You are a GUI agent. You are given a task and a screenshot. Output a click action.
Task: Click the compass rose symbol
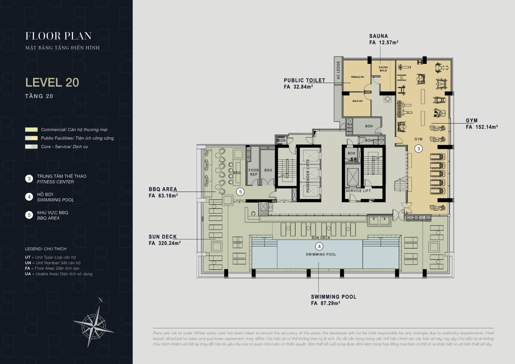[x=94, y=327]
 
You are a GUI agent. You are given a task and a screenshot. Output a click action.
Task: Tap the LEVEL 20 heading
[x=52, y=82]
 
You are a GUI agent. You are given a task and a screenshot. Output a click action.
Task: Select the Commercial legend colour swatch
[x=31, y=130]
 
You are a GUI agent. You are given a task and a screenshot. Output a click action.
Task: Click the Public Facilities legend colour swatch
[x=31, y=138]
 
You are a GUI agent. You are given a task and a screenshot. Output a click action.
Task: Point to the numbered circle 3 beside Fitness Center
[x=29, y=179]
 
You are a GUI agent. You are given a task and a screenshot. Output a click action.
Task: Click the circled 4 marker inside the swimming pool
[x=319, y=246]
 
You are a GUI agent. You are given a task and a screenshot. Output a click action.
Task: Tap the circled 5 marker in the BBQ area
[x=240, y=192]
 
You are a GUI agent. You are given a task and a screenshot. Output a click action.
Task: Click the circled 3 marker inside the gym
[x=418, y=149]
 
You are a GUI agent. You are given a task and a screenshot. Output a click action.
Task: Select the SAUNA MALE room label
[x=383, y=69]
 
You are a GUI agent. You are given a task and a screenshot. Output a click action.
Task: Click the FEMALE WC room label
[x=357, y=77]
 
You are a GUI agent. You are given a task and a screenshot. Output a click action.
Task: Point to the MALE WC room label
[x=357, y=101]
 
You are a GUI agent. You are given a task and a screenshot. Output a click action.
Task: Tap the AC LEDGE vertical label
[x=338, y=70]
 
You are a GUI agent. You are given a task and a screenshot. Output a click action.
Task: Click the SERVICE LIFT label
[x=358, y=191]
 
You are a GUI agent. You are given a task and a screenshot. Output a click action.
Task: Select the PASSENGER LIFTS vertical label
[x=308, y=176]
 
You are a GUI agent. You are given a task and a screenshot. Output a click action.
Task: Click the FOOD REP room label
[x=253, y=172]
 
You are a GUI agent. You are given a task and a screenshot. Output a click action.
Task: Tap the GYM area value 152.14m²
[x=487, y=127]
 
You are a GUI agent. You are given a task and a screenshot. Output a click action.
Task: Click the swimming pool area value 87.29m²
[x=330, y=303]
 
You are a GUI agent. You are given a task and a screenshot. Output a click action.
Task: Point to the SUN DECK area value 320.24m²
[x=169, y=243]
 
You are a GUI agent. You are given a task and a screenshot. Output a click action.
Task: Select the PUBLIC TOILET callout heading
[x=305, y=80]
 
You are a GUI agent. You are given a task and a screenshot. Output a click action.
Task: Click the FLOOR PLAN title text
[x=58, y=36]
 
